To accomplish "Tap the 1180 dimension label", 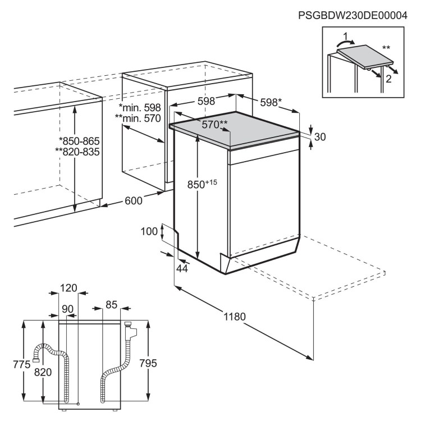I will pos(235,317).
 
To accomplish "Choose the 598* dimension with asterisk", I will pos(271,102).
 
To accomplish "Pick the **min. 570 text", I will pos(138,118).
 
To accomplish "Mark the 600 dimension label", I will pos(134,200).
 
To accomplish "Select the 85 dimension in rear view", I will pos(111,305).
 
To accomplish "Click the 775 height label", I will pos(11,364).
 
